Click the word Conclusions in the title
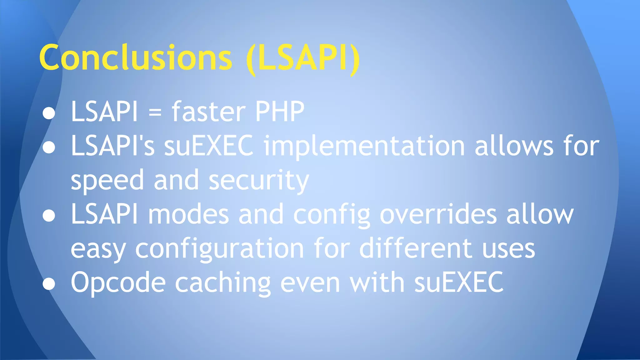[136, 58]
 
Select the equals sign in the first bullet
[155, 112]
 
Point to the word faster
[208, 112]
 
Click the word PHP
[280, 112]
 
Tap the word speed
[107, 181]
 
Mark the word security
[259, 181]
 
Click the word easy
[98, 249]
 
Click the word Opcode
[118, 283]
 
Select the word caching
[223, 283]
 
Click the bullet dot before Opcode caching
[49, 284]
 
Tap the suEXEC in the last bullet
[459, 282]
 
